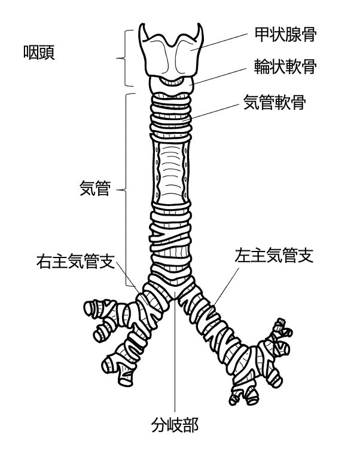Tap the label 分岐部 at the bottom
175,425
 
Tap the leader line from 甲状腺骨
224,41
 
